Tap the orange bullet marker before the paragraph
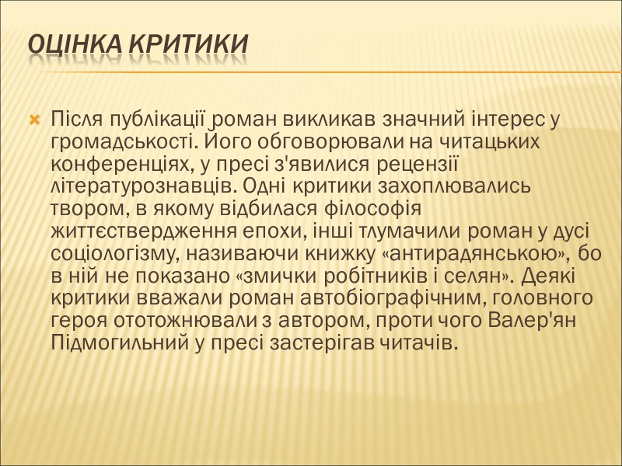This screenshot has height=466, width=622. coord(34,120)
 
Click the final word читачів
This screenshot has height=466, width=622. coord(421,343)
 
